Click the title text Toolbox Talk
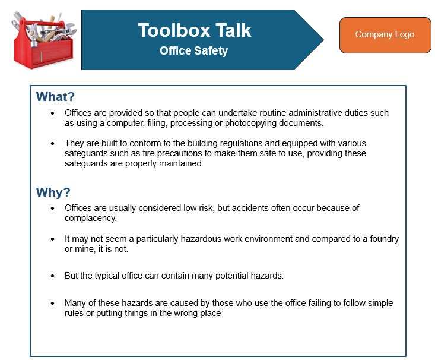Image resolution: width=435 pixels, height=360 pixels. pos(194,30)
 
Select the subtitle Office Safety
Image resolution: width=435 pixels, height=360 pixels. pos(193,51)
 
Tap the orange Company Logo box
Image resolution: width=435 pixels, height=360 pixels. pos(385,34)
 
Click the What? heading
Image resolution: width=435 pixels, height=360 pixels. pos(55,97)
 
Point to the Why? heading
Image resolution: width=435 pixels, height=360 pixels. pos(53,192)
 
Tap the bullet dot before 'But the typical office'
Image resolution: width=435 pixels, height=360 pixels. pos(52,276)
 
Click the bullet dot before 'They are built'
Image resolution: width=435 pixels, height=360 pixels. pos(52,143)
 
